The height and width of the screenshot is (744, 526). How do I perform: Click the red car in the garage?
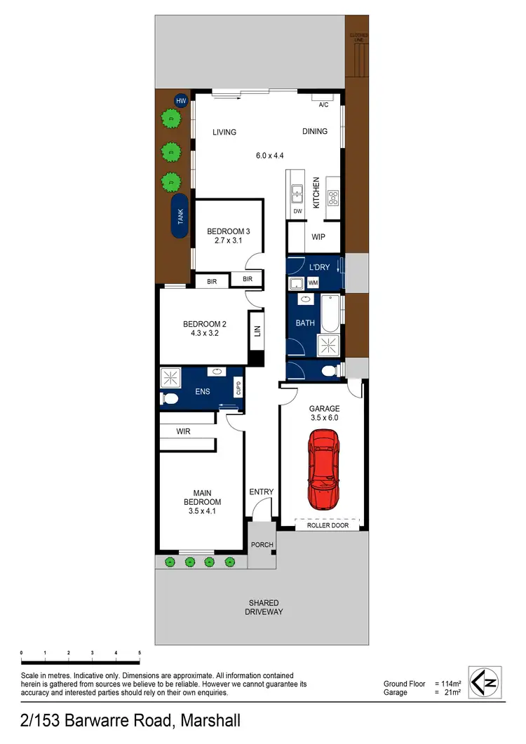[x=322, y=470]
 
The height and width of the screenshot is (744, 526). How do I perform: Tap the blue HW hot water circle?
[x=181, y=101]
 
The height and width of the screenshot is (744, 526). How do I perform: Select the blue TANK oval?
[x=180, y=217]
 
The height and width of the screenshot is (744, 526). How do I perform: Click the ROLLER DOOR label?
[x=328, y=525]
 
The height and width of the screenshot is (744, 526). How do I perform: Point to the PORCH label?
[x=262, y=544]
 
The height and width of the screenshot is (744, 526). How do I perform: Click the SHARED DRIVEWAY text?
[x=264, y=607]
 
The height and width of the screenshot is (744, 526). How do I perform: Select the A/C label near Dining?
[x=323, y=105]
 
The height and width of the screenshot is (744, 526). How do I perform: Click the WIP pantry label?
[x=318, y=237]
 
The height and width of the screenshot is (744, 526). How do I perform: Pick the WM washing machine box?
[x=313, y=282]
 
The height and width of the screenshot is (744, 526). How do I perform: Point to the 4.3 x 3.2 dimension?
[x=205, y=334]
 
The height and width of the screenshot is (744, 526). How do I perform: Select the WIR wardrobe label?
[x=184, y=432]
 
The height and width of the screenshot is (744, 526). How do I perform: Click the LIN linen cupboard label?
[x=257, y=331]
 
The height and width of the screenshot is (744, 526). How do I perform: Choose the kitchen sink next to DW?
[x=297, y=190]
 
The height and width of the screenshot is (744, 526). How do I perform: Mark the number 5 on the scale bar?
[x=140, y=653]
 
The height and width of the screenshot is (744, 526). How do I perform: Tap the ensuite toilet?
[x=169, y=399]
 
